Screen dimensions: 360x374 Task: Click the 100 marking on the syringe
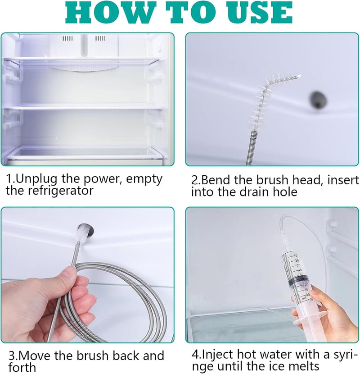click(310, 300)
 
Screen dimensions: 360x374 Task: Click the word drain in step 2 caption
click(257, 192)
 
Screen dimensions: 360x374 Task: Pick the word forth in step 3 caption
click(22, 367)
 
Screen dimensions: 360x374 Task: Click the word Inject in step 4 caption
click(216, 355)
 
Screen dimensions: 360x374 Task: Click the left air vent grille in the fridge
click(67, 38)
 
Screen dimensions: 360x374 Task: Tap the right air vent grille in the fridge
click(100, 38)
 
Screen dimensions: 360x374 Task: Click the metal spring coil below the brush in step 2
click(250, 149)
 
